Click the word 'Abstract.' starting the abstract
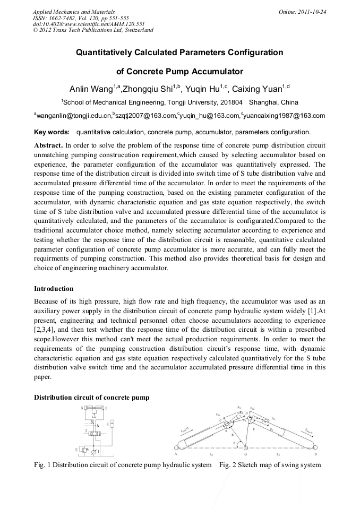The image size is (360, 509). click(x=48, y=145)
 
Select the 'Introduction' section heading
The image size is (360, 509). click(x=54, y=289)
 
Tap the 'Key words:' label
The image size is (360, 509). click(x=52, y=132)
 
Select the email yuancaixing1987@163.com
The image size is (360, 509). click(x=284, y=115)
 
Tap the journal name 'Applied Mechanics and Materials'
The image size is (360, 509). click(x=73, y=12)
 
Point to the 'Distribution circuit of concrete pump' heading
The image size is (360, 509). click(x=92, y=398)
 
